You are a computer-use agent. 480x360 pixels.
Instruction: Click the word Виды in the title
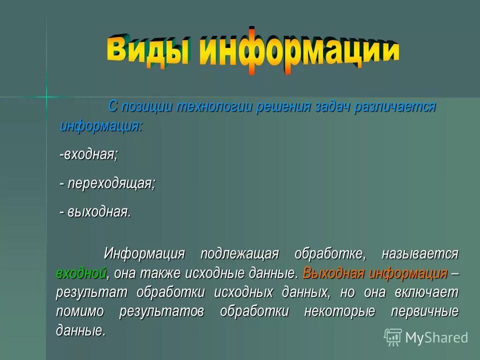click(x=148, y=49)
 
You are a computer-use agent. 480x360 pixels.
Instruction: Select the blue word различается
click(x=395, y=106)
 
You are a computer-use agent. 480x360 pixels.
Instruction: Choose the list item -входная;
click(x=89, y=154)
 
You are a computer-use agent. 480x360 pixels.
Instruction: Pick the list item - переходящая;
click(x=107, y=183)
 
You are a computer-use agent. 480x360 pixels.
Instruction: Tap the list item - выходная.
click(x=95, y=212)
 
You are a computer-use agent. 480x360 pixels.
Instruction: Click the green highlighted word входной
click(x=81, y=273)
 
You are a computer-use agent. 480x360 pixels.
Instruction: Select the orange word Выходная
click(x=333, y=273)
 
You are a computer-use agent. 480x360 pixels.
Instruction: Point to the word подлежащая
click(x=239, y=254)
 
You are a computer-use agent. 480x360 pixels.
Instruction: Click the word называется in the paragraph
click(x=420, y=254)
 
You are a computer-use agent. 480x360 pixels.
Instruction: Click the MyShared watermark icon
click(x=393, y=337)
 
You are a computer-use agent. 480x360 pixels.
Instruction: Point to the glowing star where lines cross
click(x=46, y=96)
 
